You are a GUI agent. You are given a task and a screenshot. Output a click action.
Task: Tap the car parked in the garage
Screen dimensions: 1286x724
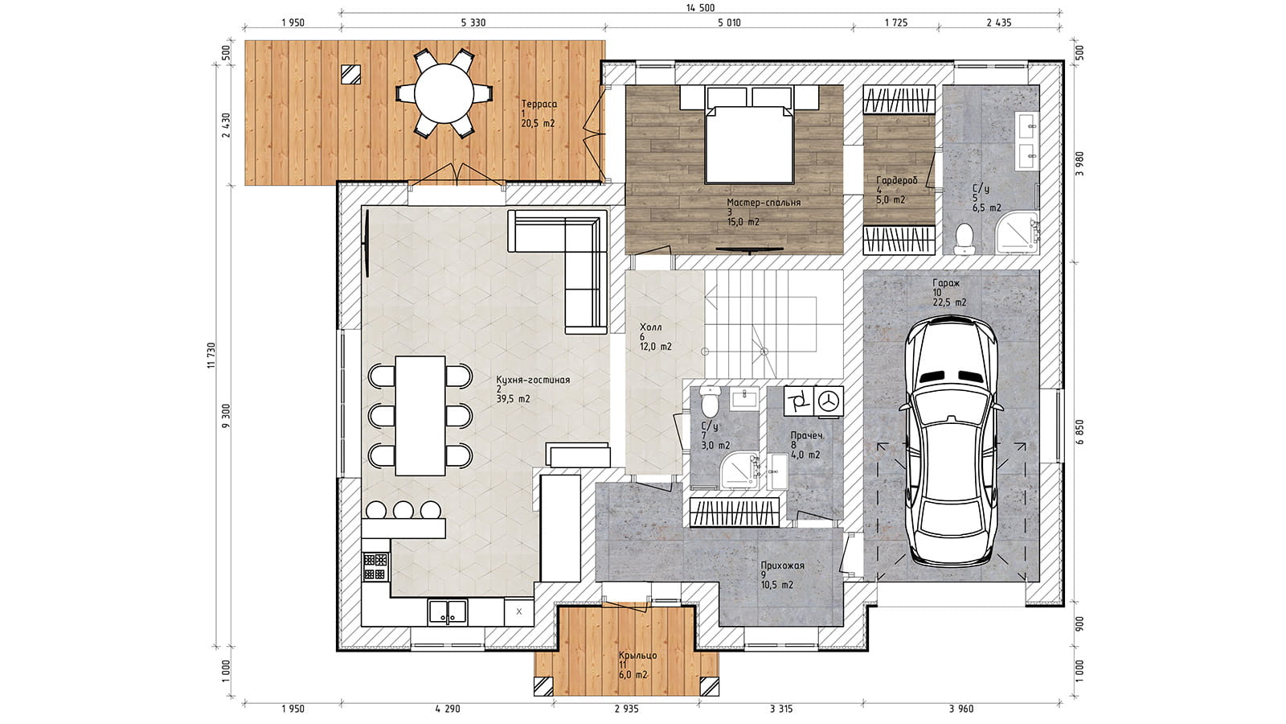(951, 442)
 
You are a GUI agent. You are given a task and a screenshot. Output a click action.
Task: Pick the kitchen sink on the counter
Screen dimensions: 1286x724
(447, 612)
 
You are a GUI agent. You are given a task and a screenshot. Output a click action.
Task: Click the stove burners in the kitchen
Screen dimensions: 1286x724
(375, 566)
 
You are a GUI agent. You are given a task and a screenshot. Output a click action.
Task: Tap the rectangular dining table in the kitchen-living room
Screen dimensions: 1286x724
(420, 416)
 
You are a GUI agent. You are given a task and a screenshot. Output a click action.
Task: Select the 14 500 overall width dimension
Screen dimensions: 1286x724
(700, 7)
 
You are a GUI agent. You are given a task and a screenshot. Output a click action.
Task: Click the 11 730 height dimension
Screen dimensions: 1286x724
(211, 355)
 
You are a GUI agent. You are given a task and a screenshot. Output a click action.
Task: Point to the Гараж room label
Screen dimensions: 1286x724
(945, 283)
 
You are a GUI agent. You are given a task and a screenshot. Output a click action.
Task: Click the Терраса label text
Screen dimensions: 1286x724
(539, 104)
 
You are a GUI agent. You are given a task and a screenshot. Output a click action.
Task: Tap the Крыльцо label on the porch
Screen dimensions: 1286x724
(638, 656)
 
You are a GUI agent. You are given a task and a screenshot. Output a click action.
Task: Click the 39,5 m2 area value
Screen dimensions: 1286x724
(514, 399)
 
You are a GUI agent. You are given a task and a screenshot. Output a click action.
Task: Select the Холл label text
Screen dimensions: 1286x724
(650, 327)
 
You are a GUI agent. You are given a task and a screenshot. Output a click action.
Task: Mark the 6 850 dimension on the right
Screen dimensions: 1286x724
(1079, 432)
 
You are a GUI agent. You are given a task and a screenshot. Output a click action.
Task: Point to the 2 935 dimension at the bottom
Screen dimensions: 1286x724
(626, 709)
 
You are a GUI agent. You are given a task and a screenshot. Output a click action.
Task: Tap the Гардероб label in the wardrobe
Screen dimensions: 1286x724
(897, 180)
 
